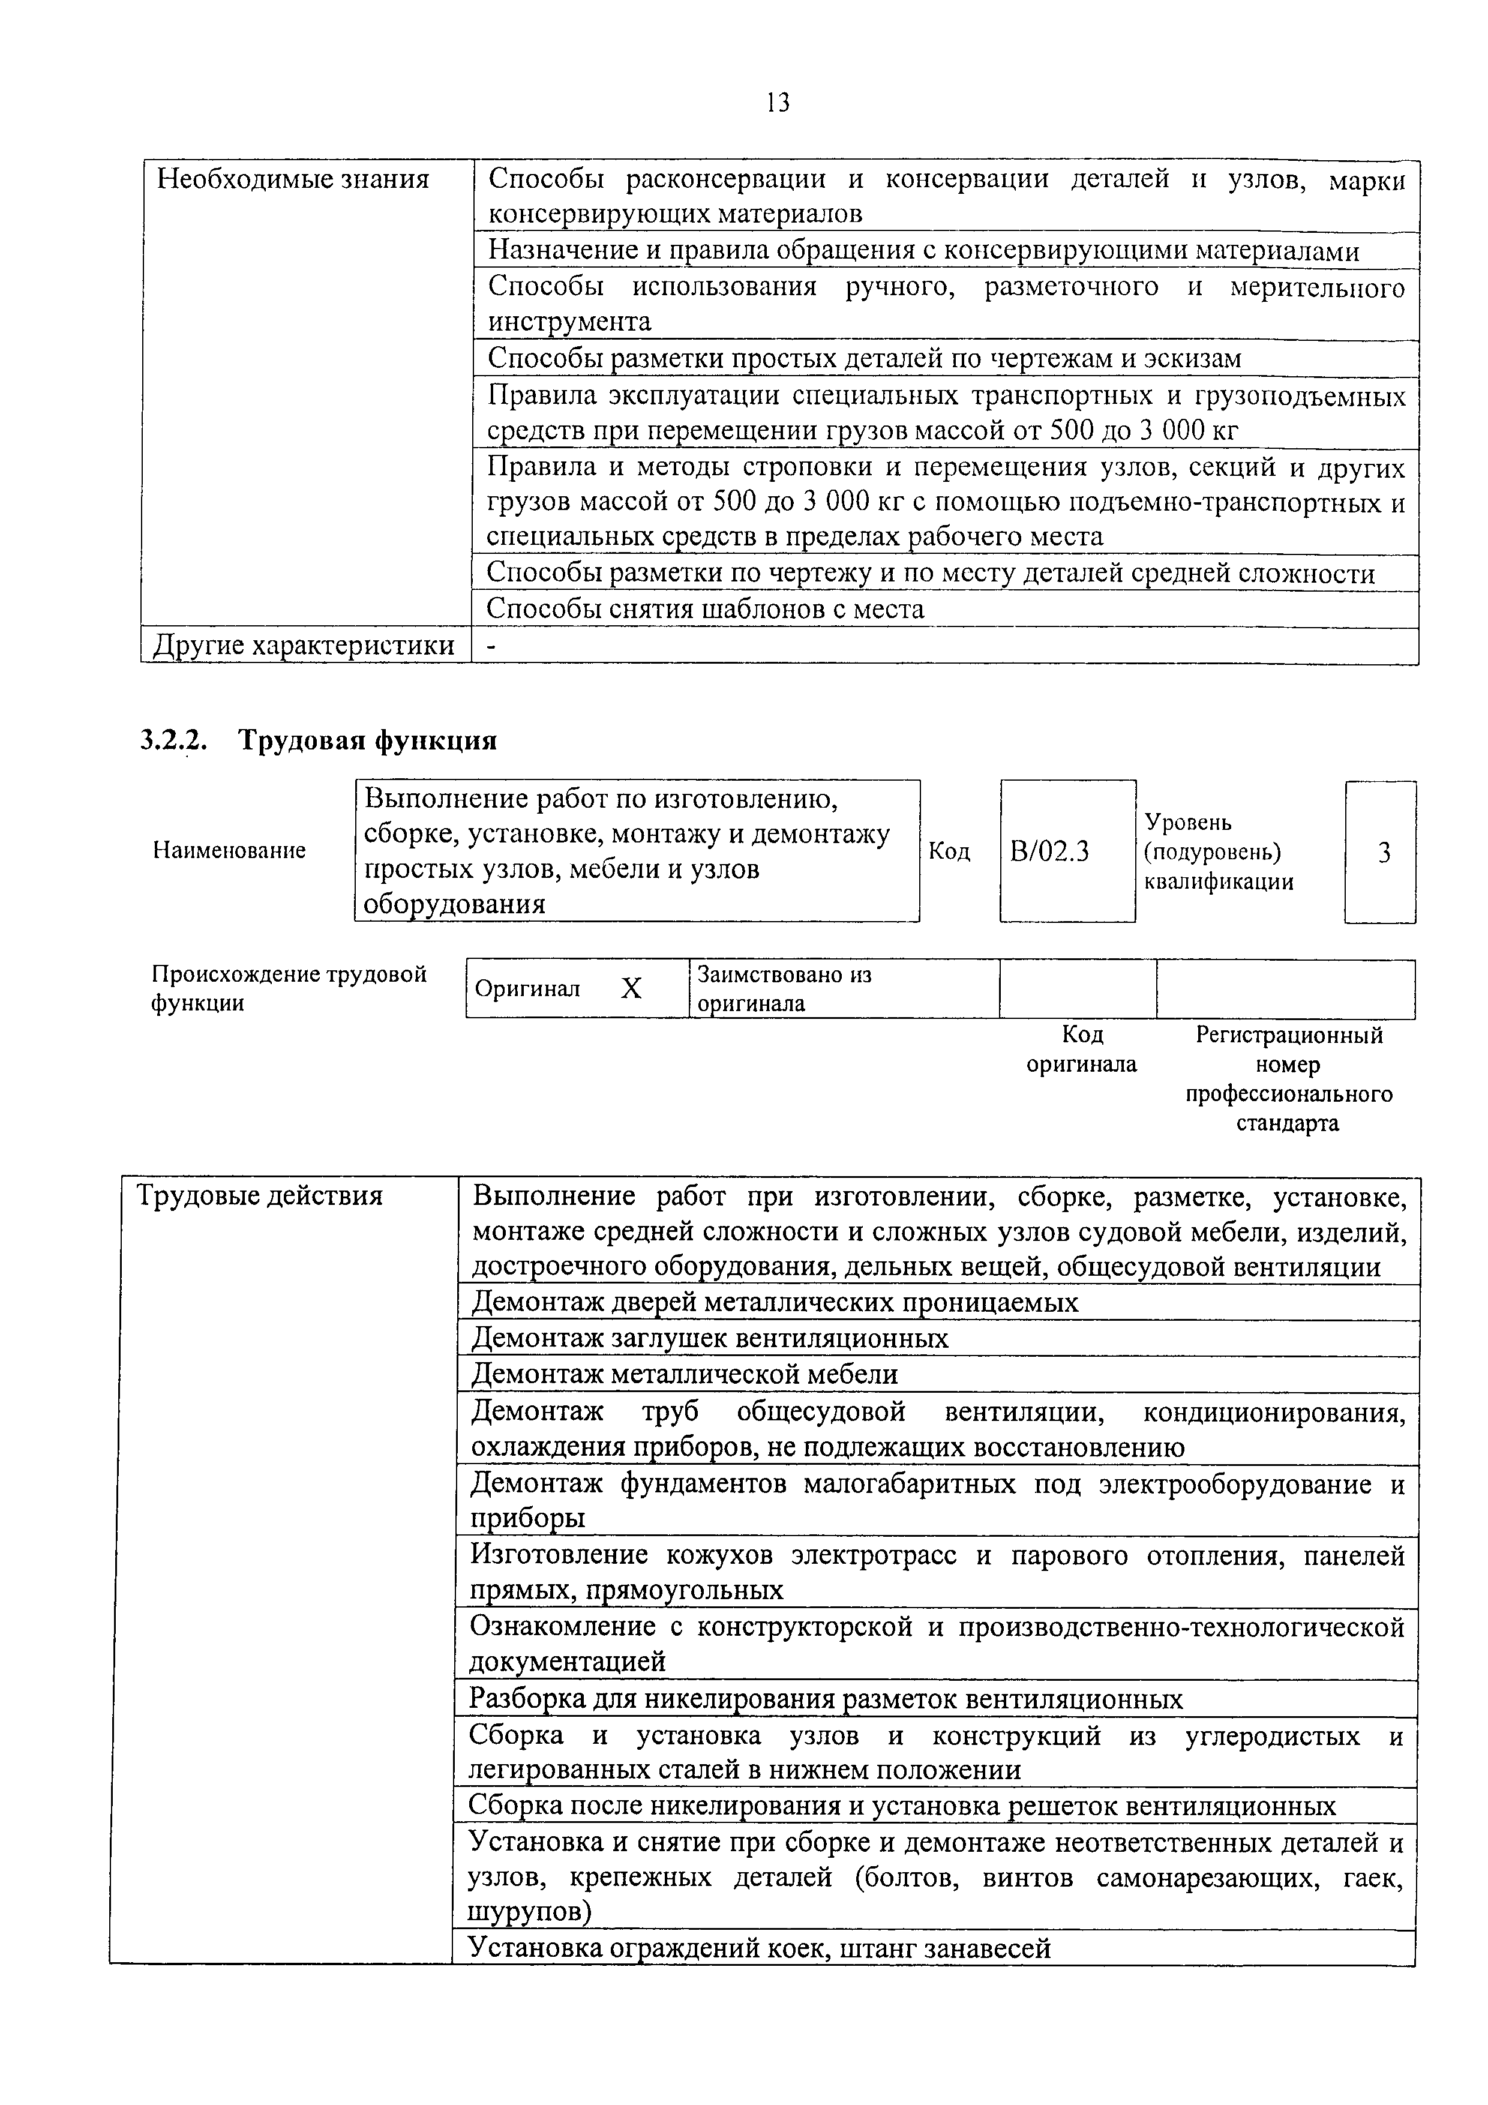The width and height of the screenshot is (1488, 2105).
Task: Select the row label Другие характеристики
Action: [x=304, y=646]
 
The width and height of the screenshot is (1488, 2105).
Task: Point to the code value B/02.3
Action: [x=1050, y=851]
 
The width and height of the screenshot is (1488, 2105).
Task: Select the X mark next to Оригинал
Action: [x=631, y=988]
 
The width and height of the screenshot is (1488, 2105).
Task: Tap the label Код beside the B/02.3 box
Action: [x=949, y=851]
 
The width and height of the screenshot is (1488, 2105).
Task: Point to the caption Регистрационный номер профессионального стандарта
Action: [x=1288, y=1078]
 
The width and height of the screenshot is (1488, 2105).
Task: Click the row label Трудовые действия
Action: [x=259, y=1195]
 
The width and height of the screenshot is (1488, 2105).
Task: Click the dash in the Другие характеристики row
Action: [x=490, y=646]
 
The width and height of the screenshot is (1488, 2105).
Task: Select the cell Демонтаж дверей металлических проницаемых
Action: [x=775, y=1302]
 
